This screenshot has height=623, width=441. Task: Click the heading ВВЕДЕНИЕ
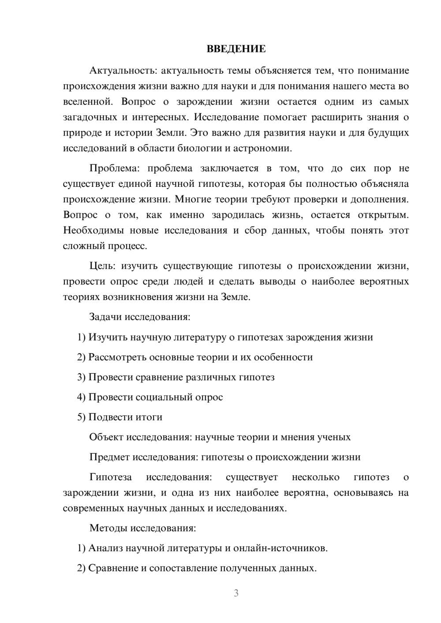236,49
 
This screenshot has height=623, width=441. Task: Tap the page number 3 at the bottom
236,593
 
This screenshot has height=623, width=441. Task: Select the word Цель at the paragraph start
102,266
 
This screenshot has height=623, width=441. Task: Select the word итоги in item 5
149,417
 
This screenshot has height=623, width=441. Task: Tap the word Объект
106,437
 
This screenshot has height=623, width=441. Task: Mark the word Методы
108,528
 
